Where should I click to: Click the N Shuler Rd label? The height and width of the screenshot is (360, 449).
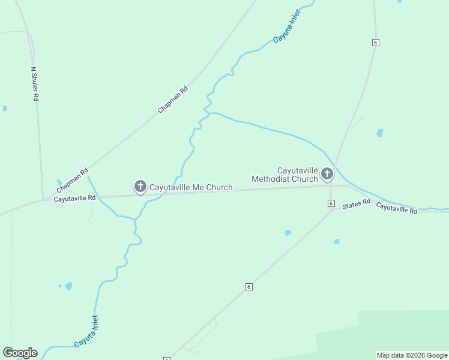click(x=35, y=83)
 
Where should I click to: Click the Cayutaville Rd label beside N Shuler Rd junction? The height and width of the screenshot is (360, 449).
click(x=74, y=198)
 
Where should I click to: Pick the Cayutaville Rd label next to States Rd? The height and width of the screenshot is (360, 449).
click(x=396, y=208)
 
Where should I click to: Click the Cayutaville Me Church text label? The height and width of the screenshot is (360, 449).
click(x=190, y=187)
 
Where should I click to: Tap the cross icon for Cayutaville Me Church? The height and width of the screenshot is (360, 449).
click(x=140, y=186)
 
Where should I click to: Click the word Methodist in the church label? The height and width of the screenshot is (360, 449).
click(x=275, y=179)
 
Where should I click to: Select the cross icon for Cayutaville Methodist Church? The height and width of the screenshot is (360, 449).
click(x=327, y=174)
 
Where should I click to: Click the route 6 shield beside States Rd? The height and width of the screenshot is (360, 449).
click(x=331, y=204)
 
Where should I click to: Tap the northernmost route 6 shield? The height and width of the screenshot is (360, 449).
click(x=375, y=43)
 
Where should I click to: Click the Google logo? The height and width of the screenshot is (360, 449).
click(x=20, y=353)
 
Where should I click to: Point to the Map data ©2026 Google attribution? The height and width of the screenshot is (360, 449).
click(x=412, y=355)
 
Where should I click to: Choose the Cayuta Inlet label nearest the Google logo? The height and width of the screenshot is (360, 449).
click(x=86, y=332)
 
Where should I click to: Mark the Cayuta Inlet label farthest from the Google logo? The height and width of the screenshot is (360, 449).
click(x=286, y=26)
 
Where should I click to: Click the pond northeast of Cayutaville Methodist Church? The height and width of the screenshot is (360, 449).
click(x=379, y=133)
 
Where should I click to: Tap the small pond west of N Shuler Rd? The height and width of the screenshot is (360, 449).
click(x=5, y=109)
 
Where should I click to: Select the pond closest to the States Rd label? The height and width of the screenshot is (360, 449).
click(x=337, y=241)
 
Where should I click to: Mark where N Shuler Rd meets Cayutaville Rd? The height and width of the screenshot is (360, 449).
click(x=43, y=199)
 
